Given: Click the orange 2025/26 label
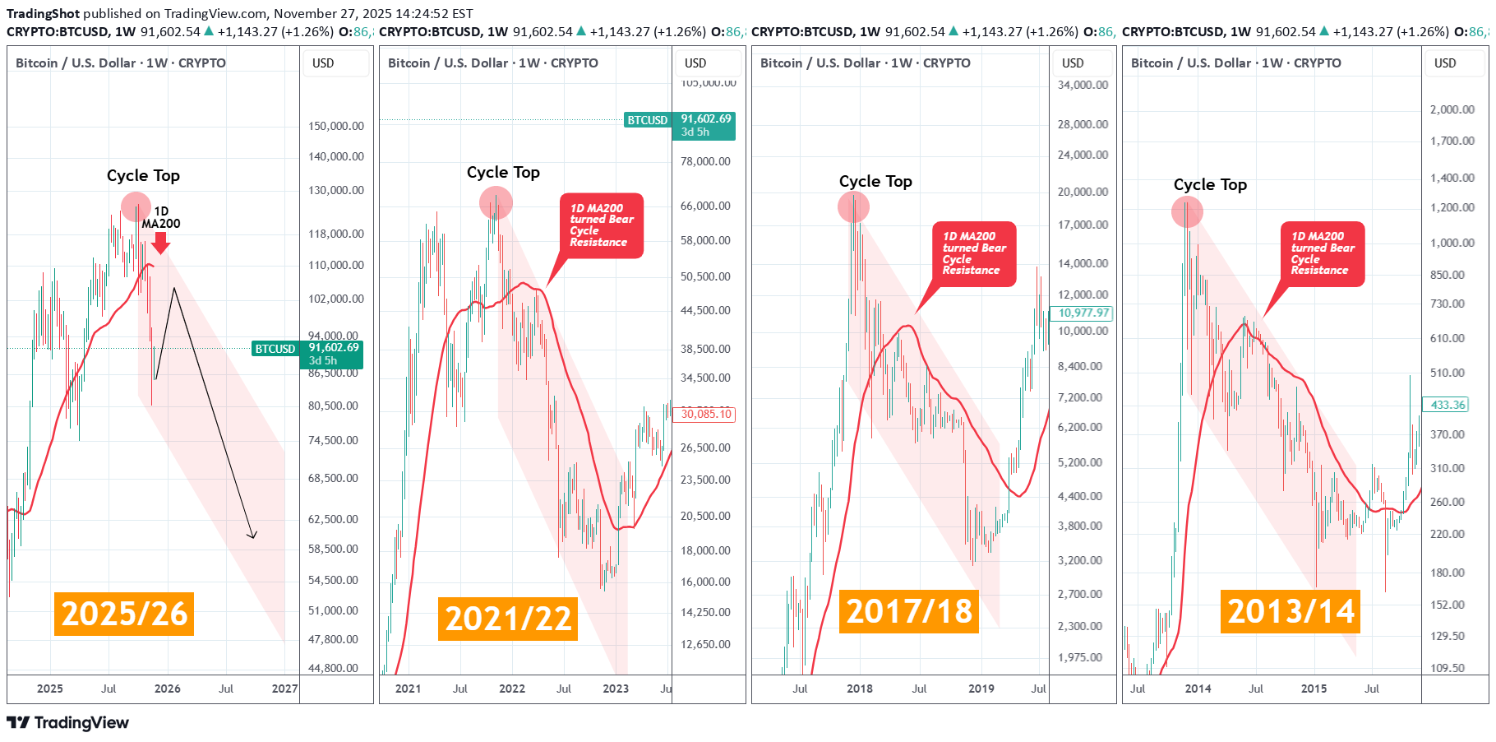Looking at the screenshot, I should (x=124, y=614).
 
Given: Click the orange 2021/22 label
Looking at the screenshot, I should (x=508, y=619).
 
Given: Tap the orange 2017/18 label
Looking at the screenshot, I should (x=908, y=611).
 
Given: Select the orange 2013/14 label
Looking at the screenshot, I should (x=1290, y=611).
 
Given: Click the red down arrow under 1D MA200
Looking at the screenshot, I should (x=161, y=243).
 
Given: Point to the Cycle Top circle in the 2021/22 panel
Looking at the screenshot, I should (x=496, y=202).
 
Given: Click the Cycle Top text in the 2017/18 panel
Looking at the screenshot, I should (x=875, y=181).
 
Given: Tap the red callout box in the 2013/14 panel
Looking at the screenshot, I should (x=1323, y=253).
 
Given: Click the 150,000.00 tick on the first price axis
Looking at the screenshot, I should (x=335, y=126).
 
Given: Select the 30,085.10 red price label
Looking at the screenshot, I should (x=706, y=414).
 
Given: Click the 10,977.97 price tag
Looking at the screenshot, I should (x=1083, y=313).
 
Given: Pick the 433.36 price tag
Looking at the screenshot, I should (x=1446, y=405).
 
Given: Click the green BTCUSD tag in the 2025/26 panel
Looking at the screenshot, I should (x=275, y=349).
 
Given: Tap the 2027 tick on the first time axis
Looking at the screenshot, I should (x=284, y=689).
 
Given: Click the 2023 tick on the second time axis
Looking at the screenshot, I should (x=615, y=689).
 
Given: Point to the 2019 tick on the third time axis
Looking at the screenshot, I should (x=981, y=689).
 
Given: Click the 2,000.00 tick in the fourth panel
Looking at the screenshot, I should (x=1452, y=109).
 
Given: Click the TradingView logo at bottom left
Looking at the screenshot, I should (x=68, y=722).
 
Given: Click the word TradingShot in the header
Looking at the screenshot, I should (x=43, y=13).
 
